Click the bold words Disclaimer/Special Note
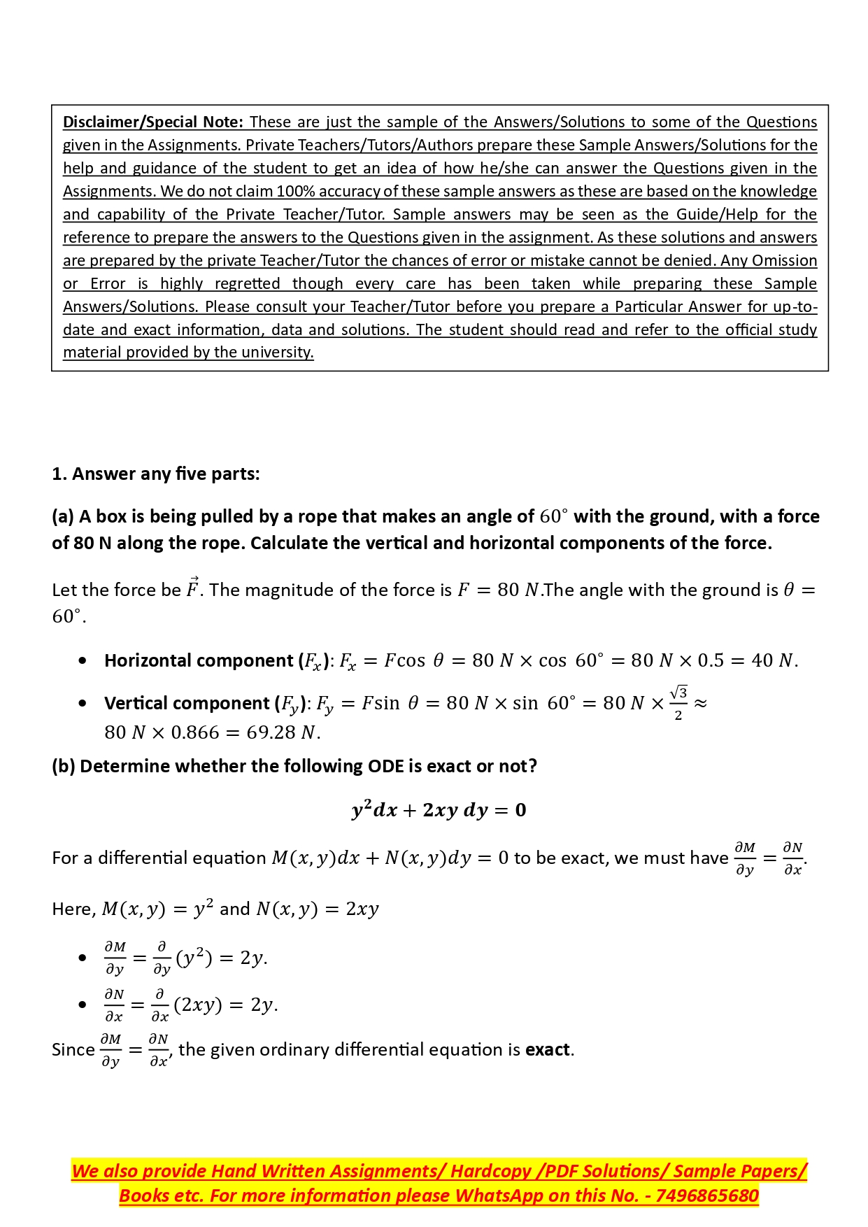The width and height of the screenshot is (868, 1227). (152, 122)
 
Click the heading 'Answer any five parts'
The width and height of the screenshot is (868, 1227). (165, 474)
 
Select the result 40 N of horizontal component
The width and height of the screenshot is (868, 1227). (774, 661)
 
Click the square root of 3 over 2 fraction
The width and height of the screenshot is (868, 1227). (678, 703)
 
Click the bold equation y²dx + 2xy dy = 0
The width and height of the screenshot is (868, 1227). (439, 810)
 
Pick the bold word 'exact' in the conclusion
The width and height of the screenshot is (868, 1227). (548, 1050)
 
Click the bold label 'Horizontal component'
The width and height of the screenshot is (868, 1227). (199, 661)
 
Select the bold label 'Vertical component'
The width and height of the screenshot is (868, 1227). (187, 704)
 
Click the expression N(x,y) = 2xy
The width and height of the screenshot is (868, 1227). (318, 909)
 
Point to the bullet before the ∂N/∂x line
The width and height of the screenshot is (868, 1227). (83, 1005)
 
